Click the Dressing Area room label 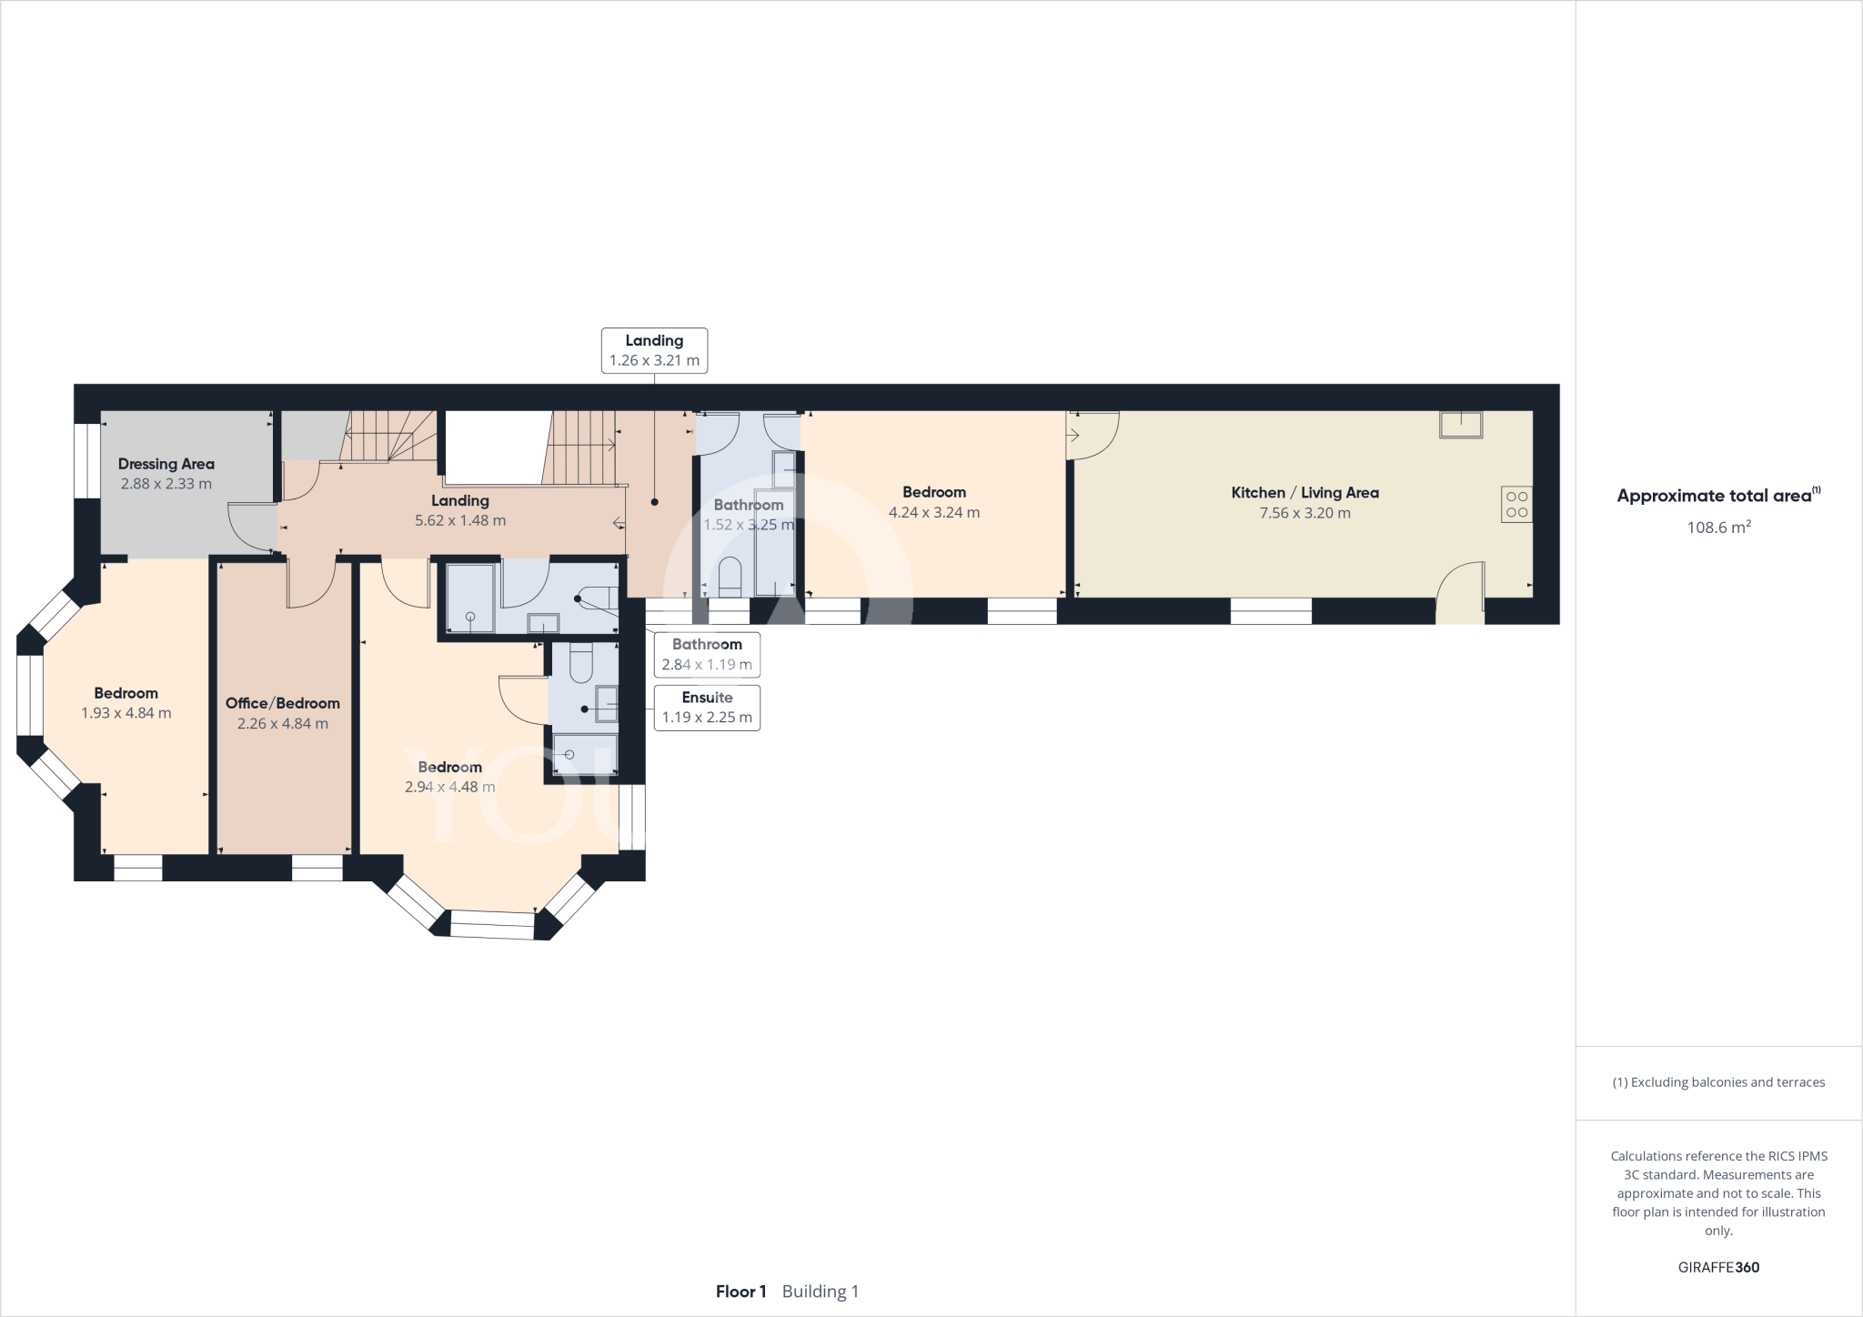tap(166, 464)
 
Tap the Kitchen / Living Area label tap(1304, 493)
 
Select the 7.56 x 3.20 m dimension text tap(1304, 513)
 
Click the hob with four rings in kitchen tap(1516, 505)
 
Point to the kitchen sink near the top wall tap(1461, 425)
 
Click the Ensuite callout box tap(707, 708)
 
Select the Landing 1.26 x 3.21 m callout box tap(654, 350)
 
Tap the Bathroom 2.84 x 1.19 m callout tap(707, 654)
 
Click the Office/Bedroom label tap(282, 703)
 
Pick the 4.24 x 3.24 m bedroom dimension tap(933, 512)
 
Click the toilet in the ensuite tap(580, 664)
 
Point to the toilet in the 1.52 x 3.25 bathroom tap(730, 576)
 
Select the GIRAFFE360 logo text tap(1718, 1268)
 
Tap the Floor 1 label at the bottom tap(740, 1292)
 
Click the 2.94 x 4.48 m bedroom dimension tap(449, 787)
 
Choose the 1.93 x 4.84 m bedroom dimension tap(126, 713)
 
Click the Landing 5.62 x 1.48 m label tap(460, 510)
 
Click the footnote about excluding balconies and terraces tap(1718, 1082)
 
